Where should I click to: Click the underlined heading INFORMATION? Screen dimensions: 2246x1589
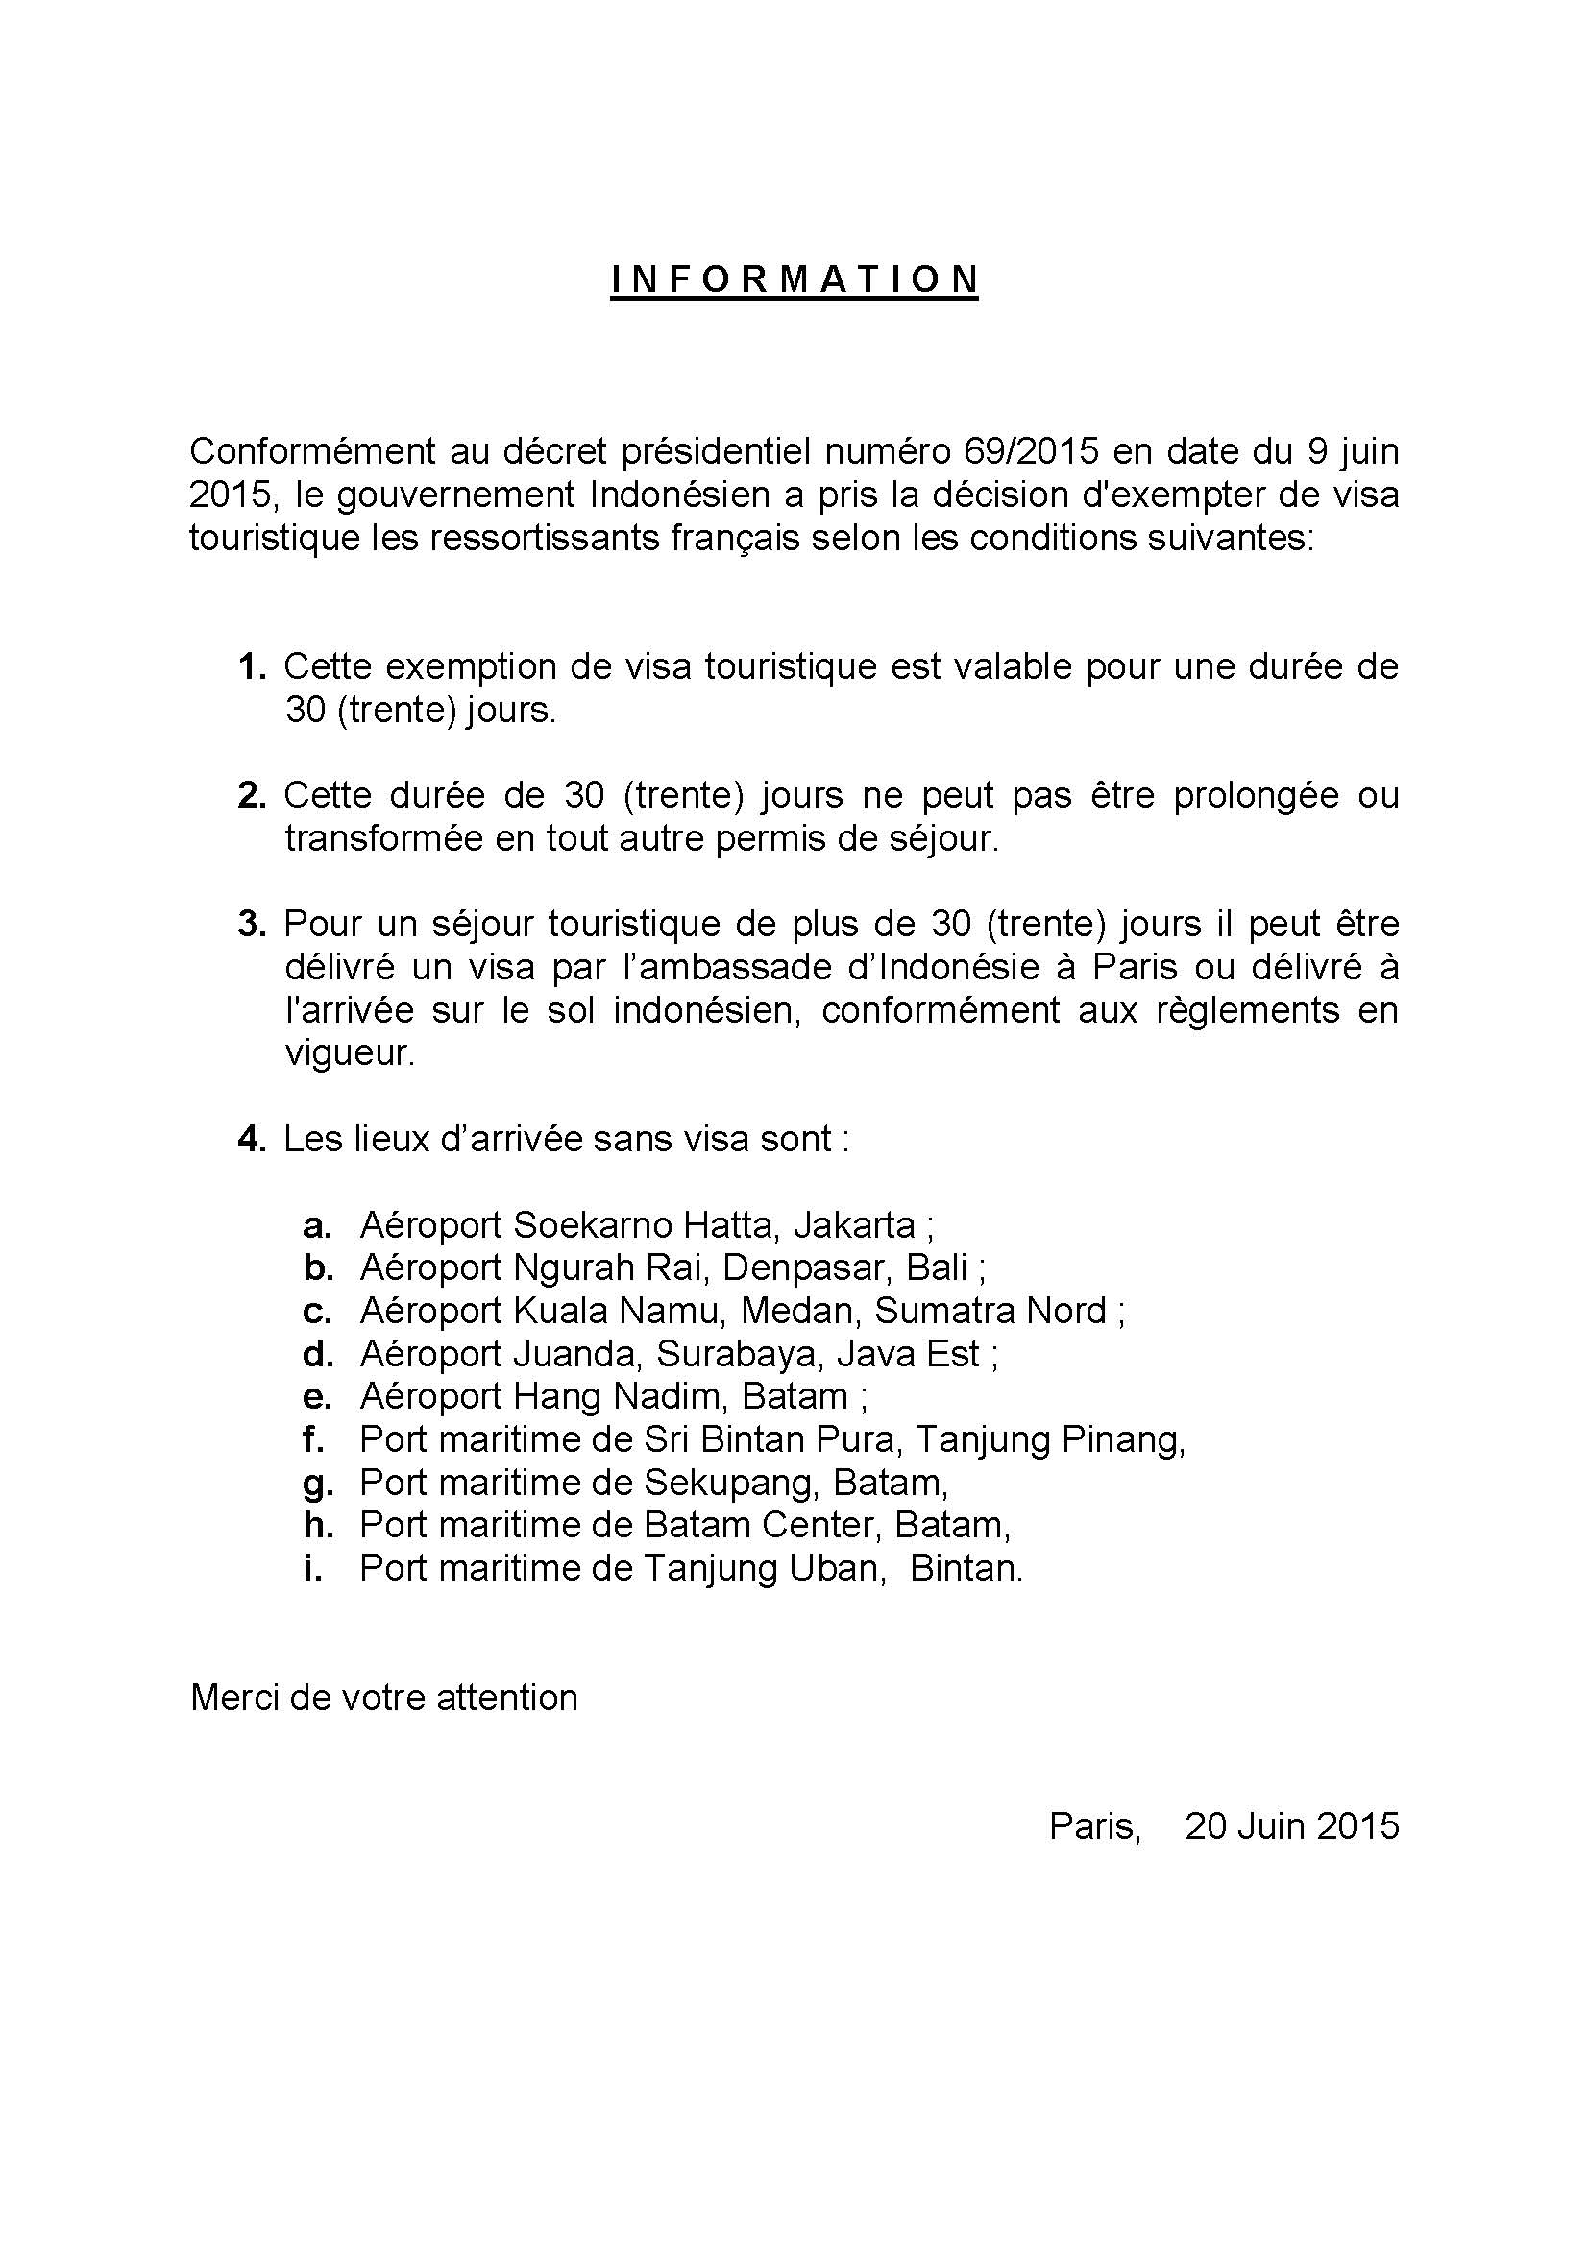[794, 279]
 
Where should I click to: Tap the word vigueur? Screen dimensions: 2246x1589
[350, 1052]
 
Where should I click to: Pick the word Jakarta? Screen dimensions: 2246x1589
[854, 1224]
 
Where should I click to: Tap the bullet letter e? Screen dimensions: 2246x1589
[317, 1397]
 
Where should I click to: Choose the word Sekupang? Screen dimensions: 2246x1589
[729, 1483]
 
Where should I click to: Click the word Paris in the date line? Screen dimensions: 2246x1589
[1094, 1826]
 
